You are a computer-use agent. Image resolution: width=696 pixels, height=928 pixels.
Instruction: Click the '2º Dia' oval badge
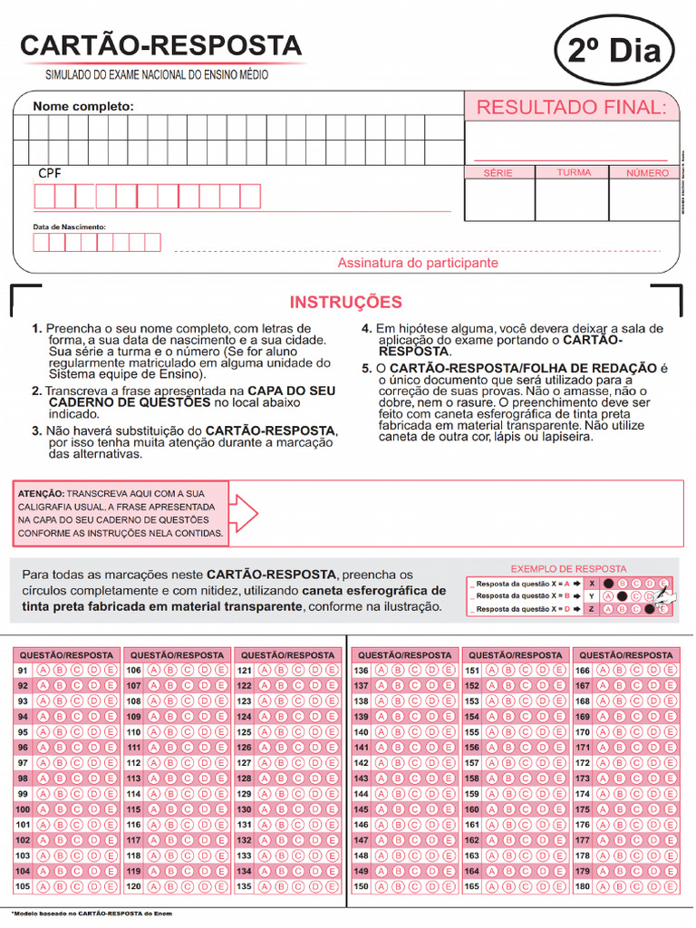pyautogui.click(x=614, y=51)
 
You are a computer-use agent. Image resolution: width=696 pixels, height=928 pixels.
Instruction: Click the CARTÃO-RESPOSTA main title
pyautogui.click(x=161, y=45)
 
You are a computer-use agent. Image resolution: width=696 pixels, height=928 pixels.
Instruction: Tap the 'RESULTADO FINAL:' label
pyautogui.click(x=571, y=108)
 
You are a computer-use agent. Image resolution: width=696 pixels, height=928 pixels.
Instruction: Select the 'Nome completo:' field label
pyautogui.click(x=83, y=107)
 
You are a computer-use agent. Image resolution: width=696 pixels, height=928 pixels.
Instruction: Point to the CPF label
pyautogui.click(x=50, y=173)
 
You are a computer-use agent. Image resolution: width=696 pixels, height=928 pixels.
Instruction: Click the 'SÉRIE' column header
pyautogui.click(x=498, y=172)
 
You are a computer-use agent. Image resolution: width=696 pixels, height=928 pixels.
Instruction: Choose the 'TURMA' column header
pyautogui.click(x=574, y=172)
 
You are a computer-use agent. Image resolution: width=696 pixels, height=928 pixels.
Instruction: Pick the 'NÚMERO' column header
pyautogui.click(x=647, y=172)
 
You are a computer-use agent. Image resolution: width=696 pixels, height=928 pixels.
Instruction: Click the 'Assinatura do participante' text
pyautogui.click(x=418, y=263)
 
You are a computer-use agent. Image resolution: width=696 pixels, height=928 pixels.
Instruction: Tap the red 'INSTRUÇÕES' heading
pyautogui.click(x=345, y=303)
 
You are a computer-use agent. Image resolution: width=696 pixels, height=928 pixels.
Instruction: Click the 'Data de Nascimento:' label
pyautogui.click(x=70, y=227)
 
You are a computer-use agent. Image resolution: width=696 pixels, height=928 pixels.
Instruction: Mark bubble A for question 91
pyautogui.click(x=43, y=670)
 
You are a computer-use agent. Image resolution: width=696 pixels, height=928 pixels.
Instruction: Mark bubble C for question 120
pyautogui.click(x=188, y=886)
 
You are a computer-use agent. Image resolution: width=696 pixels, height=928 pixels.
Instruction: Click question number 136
pyautogui.click(x=361, y=670)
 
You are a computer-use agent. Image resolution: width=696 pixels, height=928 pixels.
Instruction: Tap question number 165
pyautogui.click(x=472, y=886)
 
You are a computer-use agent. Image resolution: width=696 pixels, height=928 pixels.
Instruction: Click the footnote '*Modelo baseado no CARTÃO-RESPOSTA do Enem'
pyautogui.click(x=91, y=913)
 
